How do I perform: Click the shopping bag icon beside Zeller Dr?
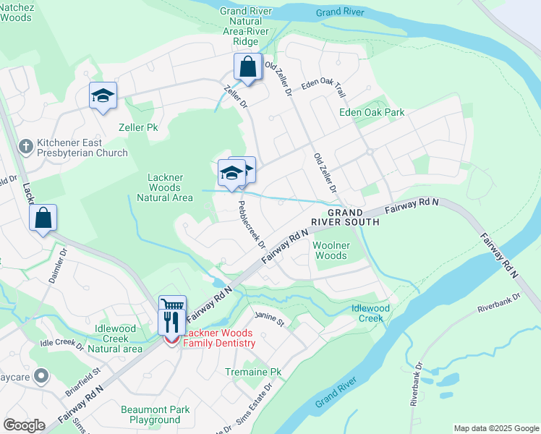[x=247, y=67]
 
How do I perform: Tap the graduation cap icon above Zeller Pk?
[x=103, y=95]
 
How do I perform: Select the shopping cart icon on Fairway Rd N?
[x=172, y=306]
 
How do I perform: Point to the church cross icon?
[x=25, y=146]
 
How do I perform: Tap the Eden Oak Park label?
[x=372, y=112]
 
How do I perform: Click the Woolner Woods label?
[x=331, y=250]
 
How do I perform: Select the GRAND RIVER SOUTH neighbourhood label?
[x=354, y=217]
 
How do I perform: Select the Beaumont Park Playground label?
[x=155, y=414]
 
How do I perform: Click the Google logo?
[x=25, y=425]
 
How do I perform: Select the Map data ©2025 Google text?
[x=495, y=428]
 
